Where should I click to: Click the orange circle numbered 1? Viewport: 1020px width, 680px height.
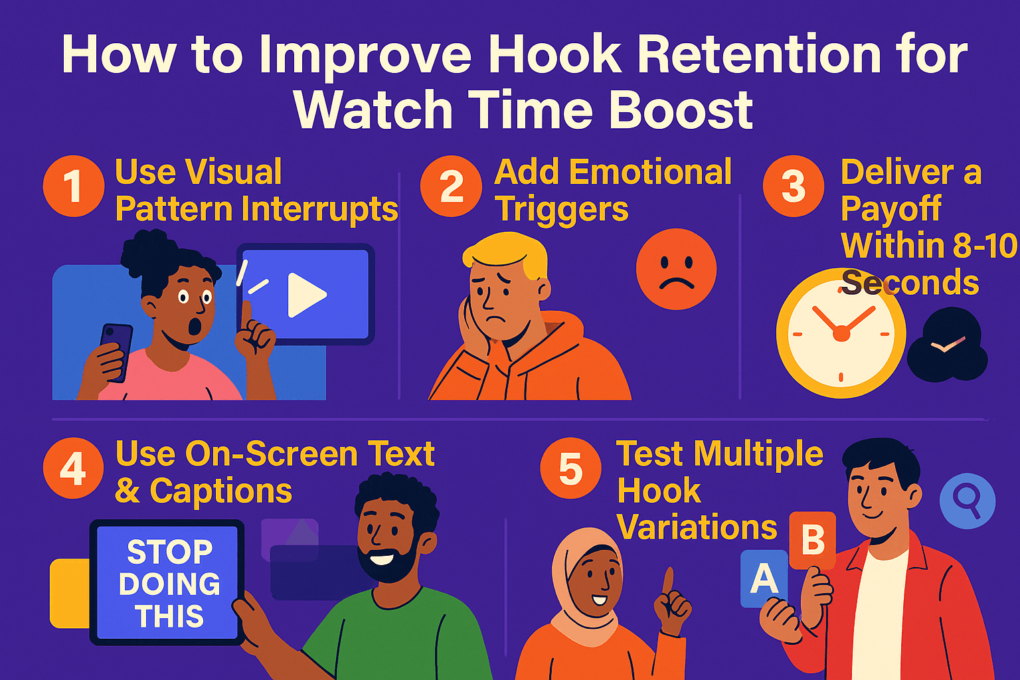click(73, 186)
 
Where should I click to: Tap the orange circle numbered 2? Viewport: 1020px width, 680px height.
click(451, 186)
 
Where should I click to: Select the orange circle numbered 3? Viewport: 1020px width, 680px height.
click(793, 186)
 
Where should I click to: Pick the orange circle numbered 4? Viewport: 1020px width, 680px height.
click(73, 468)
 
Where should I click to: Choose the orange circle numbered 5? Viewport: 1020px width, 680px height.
click(570, 468)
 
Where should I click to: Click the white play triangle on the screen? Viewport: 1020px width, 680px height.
click(305, 294)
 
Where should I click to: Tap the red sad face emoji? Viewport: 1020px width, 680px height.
click(676, 269)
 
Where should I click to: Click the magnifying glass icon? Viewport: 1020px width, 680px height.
click(967, 500)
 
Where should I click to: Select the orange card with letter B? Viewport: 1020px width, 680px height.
click(812, 540)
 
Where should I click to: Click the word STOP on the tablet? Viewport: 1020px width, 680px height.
click(170, 552)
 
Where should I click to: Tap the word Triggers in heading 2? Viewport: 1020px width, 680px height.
click(562, 210)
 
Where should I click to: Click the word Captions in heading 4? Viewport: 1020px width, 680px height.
click(220, 491)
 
